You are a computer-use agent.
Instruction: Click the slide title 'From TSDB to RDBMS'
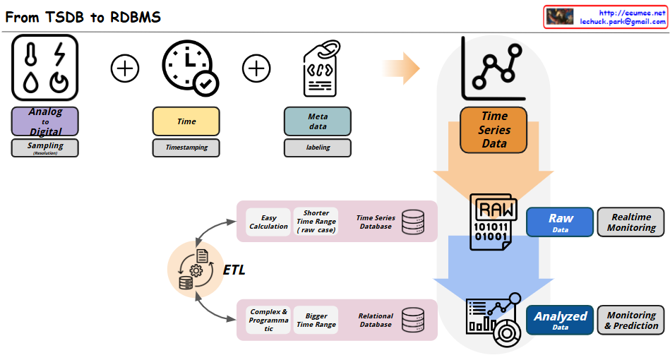[83, 17]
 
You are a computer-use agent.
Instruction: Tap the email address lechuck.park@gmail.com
[623, 22]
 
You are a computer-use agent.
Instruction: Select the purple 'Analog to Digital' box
[45, 121]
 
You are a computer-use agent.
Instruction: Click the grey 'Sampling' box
[45, 148]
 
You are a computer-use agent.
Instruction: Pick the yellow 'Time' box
[186, 121]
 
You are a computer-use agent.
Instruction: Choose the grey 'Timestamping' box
[186, 148]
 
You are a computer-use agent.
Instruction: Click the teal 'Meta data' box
[318, 121]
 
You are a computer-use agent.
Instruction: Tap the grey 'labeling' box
[318, 148]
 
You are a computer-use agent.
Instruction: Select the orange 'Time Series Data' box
[494, 130]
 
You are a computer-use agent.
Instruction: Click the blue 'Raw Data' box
[560, 222]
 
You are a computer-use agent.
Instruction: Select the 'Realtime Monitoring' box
[631, 222]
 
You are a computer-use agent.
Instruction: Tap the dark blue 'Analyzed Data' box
[560, 320]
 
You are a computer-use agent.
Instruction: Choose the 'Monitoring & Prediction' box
[631, 320]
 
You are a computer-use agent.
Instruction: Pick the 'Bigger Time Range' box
[316, 320]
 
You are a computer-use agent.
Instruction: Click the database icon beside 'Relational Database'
[413, 320]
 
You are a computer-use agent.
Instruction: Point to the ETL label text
[234, 270]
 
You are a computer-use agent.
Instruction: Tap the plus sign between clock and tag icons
[256, 68]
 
